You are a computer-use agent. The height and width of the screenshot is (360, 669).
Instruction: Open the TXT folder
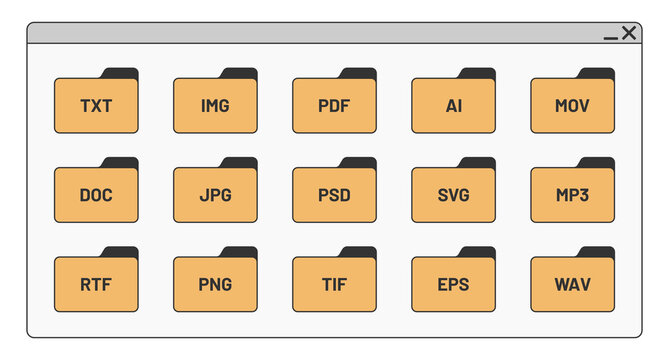point(96,105)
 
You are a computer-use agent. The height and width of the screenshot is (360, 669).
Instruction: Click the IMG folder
point(215,105)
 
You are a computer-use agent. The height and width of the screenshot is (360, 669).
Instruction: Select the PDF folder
point(334,105)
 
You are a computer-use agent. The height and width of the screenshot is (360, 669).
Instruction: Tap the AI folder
point(453,105)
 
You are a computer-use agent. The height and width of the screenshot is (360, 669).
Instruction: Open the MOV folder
point(572,105)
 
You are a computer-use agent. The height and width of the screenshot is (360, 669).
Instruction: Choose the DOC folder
point(96,195)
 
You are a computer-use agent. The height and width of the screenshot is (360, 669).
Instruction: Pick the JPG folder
point(215,195)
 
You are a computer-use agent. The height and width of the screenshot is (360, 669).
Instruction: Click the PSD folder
point(334,195)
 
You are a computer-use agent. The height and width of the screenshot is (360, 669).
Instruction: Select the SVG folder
point(453,195)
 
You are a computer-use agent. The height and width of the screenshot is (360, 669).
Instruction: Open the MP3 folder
point(572,195)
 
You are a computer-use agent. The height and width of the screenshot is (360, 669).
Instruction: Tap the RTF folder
point(96,284)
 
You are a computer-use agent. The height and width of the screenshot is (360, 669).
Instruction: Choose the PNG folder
point(215,284)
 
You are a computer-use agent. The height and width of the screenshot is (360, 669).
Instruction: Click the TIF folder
point(334,284)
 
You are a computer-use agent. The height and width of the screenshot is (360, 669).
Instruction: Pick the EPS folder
point(453,284)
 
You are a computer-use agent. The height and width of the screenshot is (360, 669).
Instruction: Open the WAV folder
point(572,284)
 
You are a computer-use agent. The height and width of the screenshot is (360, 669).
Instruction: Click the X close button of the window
point(629,33)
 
